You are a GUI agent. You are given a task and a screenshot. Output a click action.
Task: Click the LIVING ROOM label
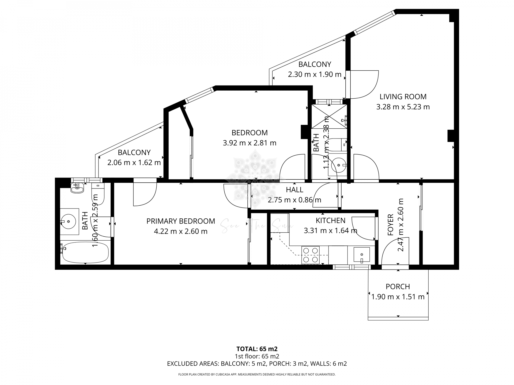[403, 97]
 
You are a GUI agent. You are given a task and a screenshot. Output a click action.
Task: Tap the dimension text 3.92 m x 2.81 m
[250, 143]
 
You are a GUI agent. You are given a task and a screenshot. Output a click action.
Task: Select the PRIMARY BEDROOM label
[181, 221]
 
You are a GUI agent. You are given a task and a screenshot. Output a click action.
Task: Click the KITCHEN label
[330, 220]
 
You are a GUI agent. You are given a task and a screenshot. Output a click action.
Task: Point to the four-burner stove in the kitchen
[311, 255]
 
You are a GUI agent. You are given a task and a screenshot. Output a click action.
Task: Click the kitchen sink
[361, 254]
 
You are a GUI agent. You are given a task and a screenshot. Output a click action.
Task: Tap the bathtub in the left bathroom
[85, 252]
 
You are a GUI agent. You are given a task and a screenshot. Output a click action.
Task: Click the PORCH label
[398, 287]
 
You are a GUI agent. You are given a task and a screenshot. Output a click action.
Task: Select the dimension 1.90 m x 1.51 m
[398, 297]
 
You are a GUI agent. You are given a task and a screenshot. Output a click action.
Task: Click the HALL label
[294, 190]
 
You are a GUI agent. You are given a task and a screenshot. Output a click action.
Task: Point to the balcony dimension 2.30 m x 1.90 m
[315, 74]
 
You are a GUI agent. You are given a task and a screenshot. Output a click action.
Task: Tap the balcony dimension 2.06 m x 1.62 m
[134, 163]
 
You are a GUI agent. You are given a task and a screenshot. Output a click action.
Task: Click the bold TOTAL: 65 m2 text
[257, 349]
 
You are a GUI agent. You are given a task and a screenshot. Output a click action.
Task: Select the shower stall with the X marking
[329, 117]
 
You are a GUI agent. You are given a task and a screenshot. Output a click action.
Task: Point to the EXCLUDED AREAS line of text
[257, 364]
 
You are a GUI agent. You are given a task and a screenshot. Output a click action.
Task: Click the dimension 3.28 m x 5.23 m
[403, 107]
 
